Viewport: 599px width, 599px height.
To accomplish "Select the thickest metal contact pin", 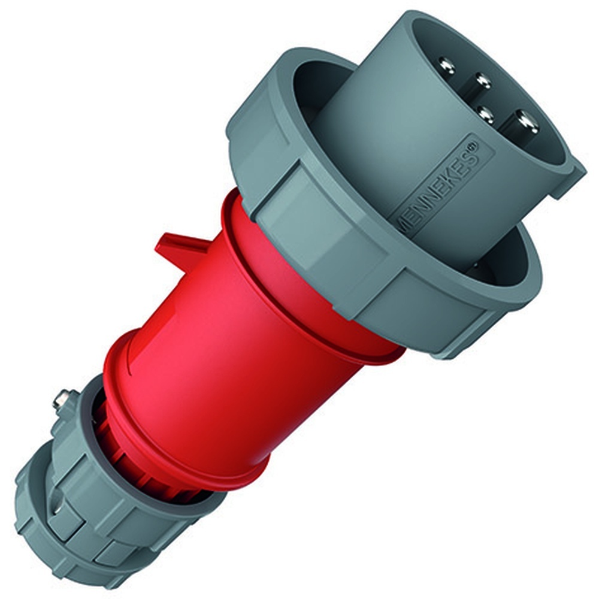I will tap(527, 122).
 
